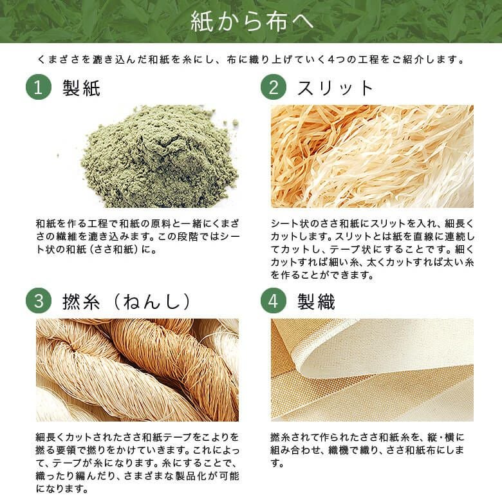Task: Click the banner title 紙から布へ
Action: tap(251, 21)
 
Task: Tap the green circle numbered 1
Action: tap(39, 87)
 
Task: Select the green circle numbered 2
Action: tap(273, 87)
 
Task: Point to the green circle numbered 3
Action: tap(39, 301)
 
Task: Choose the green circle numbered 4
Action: tap(273, 301)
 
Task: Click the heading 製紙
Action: tap(81, 88)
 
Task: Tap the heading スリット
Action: tap(335, 88)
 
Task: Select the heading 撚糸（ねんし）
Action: tap(126, 302)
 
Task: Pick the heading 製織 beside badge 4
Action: tap(316, 302)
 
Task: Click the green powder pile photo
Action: tap(159, 156)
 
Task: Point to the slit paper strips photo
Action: tap(372, 156)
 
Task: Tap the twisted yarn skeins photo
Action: tap(137, 370)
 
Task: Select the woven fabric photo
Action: tap(372, 370)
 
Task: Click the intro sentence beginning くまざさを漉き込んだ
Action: tap(251, 60)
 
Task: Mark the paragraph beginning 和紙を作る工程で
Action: tap(138, 236)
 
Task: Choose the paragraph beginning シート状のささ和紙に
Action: tap(373, 249)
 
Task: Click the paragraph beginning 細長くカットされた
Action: tap(138, 463)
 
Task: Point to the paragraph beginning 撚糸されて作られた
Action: tap(367, 450)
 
